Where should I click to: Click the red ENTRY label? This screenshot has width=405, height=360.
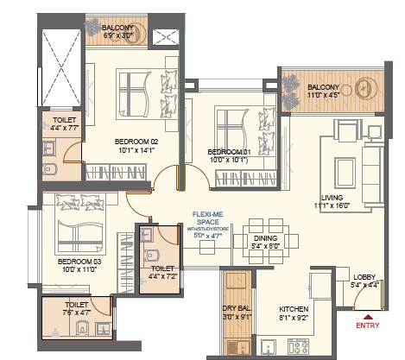369,326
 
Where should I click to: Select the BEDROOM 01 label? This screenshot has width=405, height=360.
229,152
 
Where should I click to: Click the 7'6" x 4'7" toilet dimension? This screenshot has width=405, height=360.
74,313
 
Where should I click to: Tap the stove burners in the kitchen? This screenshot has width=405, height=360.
301,346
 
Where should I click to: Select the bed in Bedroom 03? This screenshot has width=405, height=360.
76,223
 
